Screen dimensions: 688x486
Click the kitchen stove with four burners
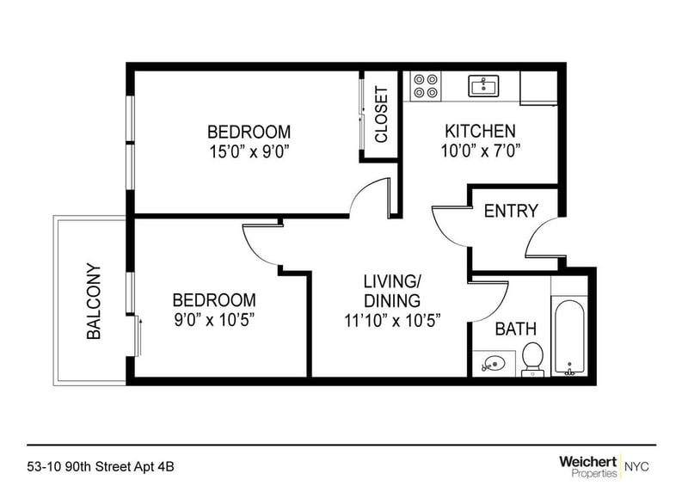coord(426,86)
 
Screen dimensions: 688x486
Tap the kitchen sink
coord(483,86)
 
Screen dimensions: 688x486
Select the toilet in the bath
coord(532,359)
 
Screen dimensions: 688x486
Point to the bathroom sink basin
coord(493,364)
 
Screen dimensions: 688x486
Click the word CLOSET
coord(381,114)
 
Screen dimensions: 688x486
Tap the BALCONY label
coord(94,301)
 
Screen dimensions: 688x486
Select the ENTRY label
coord(511,211)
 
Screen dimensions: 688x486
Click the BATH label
coord(515,329)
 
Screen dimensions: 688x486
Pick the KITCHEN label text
coord(480,132)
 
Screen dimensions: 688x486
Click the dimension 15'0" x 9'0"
coord(249,152)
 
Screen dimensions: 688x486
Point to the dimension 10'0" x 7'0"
coord(480,151)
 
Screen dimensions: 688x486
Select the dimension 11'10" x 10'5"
coord(392,321)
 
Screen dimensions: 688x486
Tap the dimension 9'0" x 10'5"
coord(214,320)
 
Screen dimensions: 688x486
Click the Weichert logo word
coord(587,462)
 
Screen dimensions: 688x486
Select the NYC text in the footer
coord(636,466)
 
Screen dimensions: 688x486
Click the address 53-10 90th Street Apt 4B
coord(101,466)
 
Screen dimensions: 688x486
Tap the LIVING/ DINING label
coord(392,291)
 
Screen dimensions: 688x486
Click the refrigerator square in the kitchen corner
coord(538,88)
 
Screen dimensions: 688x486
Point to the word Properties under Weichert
coord(594,473)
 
